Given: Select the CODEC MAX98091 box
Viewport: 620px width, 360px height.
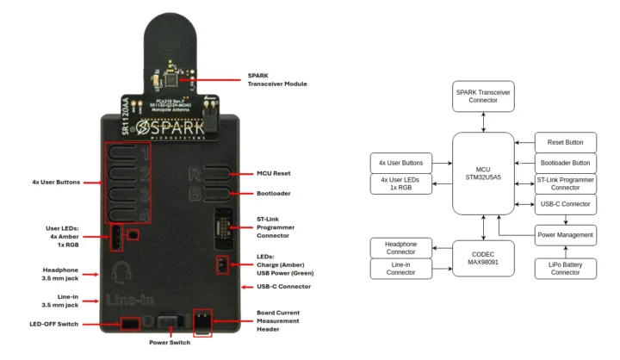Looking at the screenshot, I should coord(483,258).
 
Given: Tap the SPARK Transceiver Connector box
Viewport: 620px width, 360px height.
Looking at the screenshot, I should coord(483,96).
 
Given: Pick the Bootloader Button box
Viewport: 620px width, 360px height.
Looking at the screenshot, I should coord(565,163).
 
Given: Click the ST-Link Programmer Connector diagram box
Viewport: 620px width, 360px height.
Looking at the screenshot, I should coord(565,183).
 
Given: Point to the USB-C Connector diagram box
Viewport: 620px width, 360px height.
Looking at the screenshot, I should coord(565,204).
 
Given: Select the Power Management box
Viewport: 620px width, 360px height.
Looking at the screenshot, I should coord(565,233).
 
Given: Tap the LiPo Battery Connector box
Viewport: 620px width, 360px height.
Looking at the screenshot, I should coord(565,268).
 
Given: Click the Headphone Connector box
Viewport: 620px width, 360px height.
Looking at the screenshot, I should coord(400,248).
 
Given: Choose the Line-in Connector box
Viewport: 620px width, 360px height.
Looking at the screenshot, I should coord(400,269).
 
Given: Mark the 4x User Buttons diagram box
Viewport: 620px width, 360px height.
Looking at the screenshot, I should coord(400,162).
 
